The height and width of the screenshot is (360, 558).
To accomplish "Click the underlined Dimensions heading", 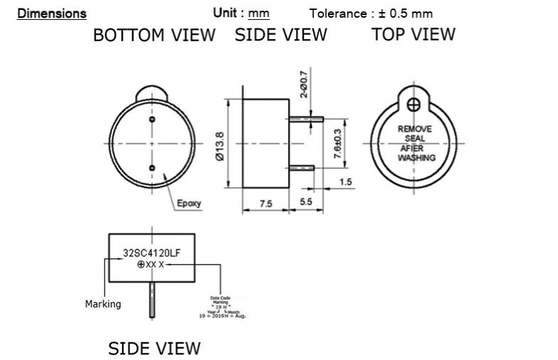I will coord(52,13).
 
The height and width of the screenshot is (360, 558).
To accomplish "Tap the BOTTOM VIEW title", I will coord(154,36).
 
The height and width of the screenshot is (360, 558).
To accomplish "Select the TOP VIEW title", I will coord(413,34).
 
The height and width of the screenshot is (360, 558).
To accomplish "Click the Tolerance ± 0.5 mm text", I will coord(371,13).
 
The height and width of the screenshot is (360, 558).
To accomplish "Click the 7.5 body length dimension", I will coord(266,204).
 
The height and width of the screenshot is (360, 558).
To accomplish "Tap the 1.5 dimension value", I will coord(346,182).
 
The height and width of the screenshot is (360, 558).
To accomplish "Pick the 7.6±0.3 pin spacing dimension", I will coord(337,143).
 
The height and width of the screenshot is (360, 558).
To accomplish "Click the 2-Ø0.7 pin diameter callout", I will coord(304,83).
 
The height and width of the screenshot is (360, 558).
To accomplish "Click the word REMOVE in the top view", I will coord(415,129).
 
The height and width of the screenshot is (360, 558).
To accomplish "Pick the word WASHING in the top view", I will coord(416,158).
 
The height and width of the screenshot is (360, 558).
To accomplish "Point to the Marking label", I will coord(103,304).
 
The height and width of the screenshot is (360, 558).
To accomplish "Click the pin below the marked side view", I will coord(151,299).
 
